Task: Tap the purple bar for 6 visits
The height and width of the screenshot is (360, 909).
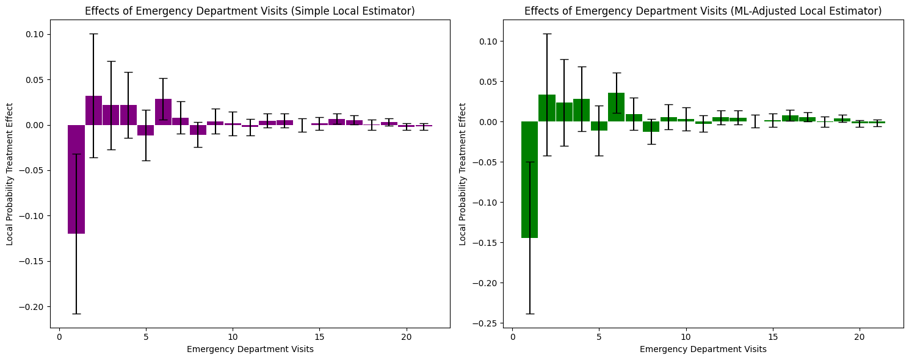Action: point(163,112)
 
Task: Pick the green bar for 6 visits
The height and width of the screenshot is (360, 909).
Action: point(616,107)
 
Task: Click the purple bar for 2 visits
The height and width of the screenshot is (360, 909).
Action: point(93,110)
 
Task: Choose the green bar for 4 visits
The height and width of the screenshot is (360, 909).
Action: point(581,110)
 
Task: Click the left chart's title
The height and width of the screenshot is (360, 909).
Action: point(250,10)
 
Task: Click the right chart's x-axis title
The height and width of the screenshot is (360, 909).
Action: point(703,350)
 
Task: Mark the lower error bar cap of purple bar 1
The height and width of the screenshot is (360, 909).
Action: point(76,314)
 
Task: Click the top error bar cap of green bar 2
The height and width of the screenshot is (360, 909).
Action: point(547,34)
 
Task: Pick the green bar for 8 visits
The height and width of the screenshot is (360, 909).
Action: point(651,126)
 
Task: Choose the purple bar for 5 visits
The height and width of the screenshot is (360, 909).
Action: point(146,130)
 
